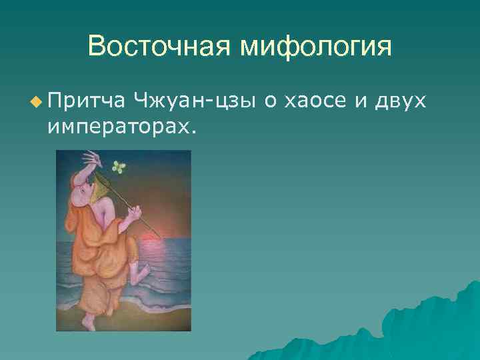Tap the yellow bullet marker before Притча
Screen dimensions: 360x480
(x=35, y=101)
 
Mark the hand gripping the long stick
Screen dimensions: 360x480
(x=135, y=213)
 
